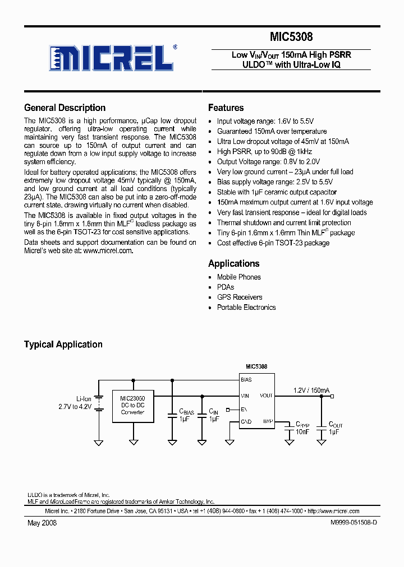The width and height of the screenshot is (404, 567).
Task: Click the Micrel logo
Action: [x=110, y=57]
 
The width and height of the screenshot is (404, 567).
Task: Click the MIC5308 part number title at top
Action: [x=291, y=37]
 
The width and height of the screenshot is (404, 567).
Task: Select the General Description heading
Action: [x=65, y=108]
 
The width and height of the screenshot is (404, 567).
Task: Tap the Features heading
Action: [x=226, y=108]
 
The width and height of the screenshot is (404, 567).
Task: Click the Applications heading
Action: [x=233, y=263]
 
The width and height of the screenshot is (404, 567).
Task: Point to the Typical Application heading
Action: [x=63, y=345]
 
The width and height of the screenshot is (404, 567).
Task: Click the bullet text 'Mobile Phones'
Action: [x=238, y=277]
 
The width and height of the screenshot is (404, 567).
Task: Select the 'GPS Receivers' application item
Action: [x=240, y=298]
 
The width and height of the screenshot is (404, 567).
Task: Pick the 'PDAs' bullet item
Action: [x=226, y=287]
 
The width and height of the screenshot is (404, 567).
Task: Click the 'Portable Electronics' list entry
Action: [x=246, y=308]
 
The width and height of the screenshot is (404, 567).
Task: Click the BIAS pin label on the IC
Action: [x=246, y=380]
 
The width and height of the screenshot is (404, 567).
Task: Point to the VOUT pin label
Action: [x=266, y=396]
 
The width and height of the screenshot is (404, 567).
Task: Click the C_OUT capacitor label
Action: [x=336, y=425]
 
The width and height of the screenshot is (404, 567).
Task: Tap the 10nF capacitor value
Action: [x=302, y=432]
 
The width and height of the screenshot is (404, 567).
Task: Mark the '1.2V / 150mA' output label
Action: [x=311, y=391]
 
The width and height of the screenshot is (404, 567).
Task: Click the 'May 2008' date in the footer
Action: [x=42, y=523]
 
